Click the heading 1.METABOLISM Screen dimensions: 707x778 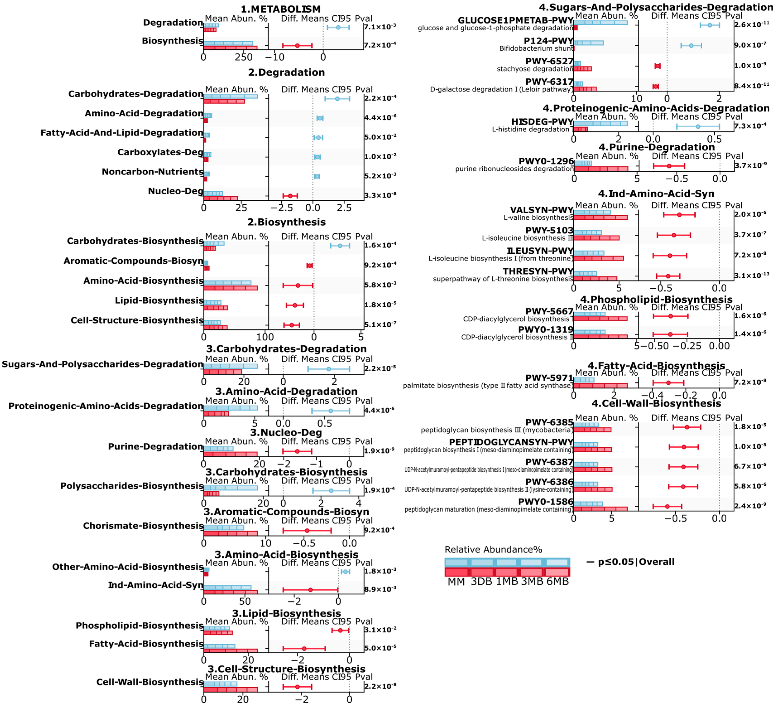(x=280, y=9)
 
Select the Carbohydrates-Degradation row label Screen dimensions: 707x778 (x=136, y=94)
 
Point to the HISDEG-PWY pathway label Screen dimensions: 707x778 (x=542, y=122)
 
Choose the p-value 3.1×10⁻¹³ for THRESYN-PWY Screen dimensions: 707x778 (x=751, y=275)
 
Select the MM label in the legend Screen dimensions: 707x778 (x=456, y=582)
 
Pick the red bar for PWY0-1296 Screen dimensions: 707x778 (x=601, y=169)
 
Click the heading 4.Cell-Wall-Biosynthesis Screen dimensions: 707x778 (x=656, y=403)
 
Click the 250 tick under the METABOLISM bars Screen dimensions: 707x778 (x=244, y=57)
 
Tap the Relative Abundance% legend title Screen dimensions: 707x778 (x=493, y=550)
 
